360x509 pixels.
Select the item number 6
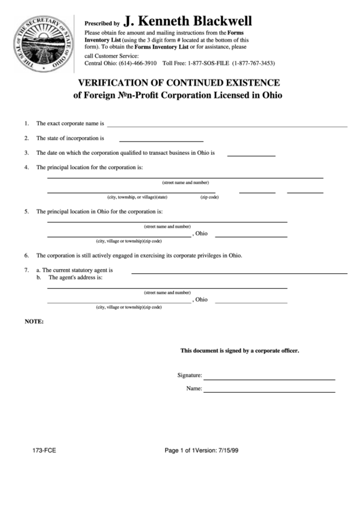pos(26,256)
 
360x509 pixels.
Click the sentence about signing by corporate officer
pos(239,351)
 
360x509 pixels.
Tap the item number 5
pos(26,211)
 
